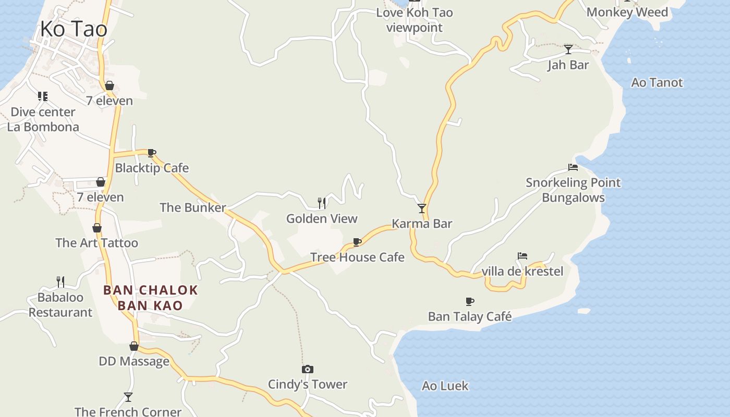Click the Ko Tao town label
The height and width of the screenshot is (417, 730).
point(74,29)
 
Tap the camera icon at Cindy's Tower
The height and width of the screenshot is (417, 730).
point(308,370)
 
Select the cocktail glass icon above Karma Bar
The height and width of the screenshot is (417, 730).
point(422,208)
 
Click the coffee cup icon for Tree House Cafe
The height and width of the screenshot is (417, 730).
point(357,242)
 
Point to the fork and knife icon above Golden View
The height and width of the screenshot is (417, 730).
point(322,203)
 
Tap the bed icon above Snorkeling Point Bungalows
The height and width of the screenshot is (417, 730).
point(573,167)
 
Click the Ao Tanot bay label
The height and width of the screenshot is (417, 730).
point(656,82)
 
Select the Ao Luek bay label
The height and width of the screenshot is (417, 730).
point(445,386)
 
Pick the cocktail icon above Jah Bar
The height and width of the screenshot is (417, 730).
point(568,50)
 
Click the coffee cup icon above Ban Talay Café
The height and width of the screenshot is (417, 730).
point(470,301)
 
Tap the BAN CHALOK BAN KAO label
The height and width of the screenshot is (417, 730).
point(151,298)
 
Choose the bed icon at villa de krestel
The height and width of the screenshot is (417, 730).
point(522,256)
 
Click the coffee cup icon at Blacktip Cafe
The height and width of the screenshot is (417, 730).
point(152,153)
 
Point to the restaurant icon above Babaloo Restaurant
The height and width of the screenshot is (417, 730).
point(60,282)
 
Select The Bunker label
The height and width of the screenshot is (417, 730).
point(192,207)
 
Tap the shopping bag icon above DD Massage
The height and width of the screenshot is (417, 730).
point(134,346)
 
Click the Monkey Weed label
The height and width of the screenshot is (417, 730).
point(627,12)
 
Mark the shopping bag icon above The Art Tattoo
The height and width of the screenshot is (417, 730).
point(97,228)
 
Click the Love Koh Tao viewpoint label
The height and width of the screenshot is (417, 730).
point(415,20)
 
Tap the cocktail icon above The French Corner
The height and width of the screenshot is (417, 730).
point(128,397)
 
